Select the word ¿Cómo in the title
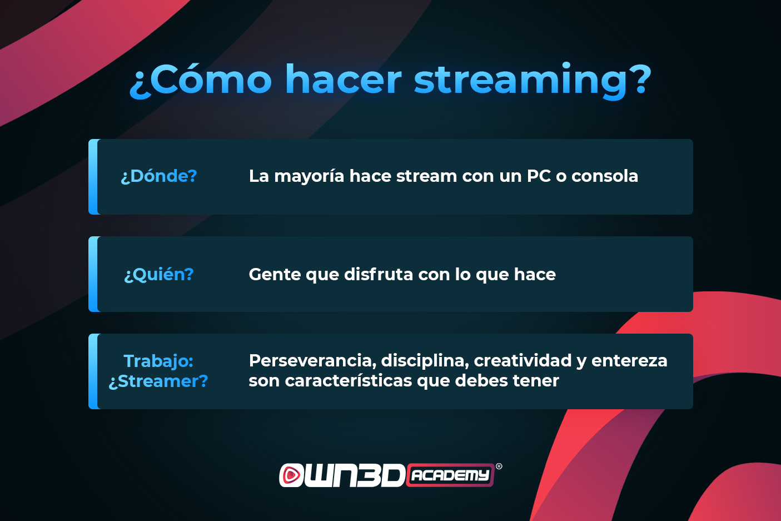coord(200,80)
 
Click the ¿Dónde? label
coord(158,176)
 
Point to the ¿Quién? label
coord(158,275)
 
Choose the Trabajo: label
coord(158,361)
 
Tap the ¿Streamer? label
coord(158,381)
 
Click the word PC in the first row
coord(539,176)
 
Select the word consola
coord(605,176)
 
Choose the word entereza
coord(629,361)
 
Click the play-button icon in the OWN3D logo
coord(290,475)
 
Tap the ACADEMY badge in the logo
coord(450,475)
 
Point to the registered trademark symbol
coord(499,467)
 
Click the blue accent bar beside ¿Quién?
coord(93,274)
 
